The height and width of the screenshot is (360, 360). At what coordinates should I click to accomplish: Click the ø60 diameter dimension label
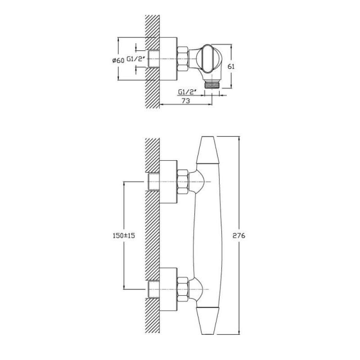pyautogui.click(x=118, y=60)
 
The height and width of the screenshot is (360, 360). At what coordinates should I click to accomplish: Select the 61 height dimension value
pyautogui.click(x=231, y=67)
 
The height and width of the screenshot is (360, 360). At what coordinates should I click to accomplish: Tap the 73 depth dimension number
pyautogui.click(x=186, y=100)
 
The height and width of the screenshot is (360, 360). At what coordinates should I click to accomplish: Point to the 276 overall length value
pyautogui.click(x=239, y=235)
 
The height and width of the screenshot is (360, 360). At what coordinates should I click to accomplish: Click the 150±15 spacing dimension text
pyautogui.click(x=124, y=235)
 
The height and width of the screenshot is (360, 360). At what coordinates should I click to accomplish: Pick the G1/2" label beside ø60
pyautogui.click(x=136, y=59)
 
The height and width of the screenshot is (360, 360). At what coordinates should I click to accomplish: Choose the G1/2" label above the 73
pyautogui.click(x=187, y=92)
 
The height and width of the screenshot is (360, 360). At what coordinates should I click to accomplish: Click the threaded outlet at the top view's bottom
pyautogui.click(x=212, y=84)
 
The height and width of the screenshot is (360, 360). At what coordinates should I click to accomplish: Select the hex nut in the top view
pyautogui.click(x=183, y=59)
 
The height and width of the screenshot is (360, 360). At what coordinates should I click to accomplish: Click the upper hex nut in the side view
pyautogui.click(x=183, y=182)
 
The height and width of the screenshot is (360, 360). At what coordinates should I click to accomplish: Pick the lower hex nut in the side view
pyautogui.click(x=183, y=289)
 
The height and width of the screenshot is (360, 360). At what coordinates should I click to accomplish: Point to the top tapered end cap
pyautogui.click(x=208, y=150)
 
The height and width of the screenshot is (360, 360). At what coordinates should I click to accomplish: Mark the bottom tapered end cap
pyautogui.click(x=208, y=320)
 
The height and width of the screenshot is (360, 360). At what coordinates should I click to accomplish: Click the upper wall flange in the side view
pyautogui.click(x=168, y=182)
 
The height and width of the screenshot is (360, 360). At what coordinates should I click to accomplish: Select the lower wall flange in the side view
pyautogui.click(x=168, y=289)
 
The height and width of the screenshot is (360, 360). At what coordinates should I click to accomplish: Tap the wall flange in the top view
pyautogui.click(x=168, y=59)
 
